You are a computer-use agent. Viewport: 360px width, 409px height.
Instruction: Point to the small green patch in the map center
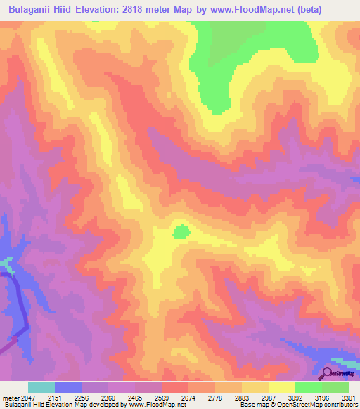(x=181, y=231)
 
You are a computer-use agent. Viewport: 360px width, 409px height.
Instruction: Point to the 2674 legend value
(x=188, y=397)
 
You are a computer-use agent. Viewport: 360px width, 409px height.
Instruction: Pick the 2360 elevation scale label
(x=108, y=397)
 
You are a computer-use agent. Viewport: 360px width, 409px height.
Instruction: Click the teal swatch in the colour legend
(x=41, y=387)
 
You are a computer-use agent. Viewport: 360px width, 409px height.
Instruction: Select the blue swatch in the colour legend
(x=67, y=387)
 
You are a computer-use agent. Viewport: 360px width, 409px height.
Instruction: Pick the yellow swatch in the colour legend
(x=281, y=387)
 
